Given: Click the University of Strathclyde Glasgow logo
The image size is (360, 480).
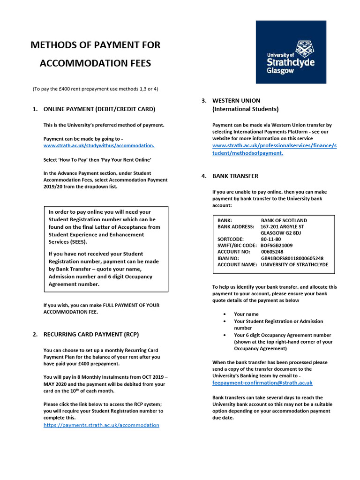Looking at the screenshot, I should click(x=291, y=52).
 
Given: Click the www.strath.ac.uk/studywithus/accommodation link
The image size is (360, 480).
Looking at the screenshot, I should click(x=99, y=146).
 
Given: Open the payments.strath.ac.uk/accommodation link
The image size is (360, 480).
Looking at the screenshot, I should click(x=101, y=425).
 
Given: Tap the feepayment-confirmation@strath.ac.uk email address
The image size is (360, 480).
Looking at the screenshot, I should click(x=262, y=383).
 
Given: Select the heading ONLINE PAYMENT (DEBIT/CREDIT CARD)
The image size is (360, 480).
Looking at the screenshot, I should click(x=99, y=109).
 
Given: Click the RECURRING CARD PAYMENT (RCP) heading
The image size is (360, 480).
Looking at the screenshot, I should click(x=91, y=334).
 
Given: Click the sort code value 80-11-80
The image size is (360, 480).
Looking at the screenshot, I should click(x=271, y=239).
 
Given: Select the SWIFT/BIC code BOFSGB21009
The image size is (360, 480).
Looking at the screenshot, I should click(x=277, y=246).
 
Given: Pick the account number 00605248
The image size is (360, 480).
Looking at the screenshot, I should click(x=272, y=252).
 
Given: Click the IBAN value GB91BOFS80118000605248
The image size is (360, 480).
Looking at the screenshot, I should click(x=292, y=258).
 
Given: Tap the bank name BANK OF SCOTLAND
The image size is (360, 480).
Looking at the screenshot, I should click(x=284, y=220).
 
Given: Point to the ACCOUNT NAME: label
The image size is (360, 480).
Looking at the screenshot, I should click(x=237, y=265).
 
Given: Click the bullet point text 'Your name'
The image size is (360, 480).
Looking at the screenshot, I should click(x=246, y=314).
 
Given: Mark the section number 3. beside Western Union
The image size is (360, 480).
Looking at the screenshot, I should click(x=204, y=101).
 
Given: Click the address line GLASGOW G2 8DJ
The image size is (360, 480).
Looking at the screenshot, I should click(x=281, y=233).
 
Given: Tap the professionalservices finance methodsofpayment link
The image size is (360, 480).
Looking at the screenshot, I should click(x=274, y=149).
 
